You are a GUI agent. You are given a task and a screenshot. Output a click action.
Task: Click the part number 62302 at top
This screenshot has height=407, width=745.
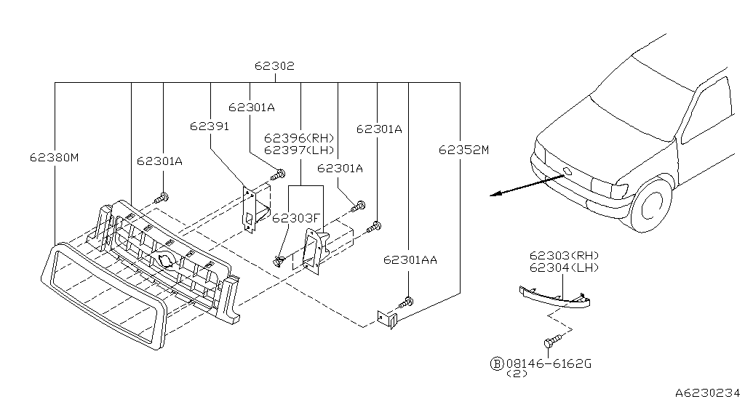(274, 65)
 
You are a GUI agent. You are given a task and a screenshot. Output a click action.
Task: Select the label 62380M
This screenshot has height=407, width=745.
(54, 156)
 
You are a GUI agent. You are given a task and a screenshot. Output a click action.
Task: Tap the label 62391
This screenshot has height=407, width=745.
(210, 126)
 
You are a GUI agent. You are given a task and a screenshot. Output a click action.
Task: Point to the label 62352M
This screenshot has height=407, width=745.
(463, 150)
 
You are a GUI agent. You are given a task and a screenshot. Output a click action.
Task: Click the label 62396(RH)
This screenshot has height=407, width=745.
(298, 138)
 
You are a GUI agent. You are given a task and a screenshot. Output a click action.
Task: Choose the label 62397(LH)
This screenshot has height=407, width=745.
(298, 150)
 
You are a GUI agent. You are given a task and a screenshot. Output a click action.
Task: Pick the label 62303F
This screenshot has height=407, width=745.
(296, 217)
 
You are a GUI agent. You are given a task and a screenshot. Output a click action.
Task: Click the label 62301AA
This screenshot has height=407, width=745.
(410, 259)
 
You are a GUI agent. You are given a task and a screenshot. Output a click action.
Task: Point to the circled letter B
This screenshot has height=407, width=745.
(497, 362)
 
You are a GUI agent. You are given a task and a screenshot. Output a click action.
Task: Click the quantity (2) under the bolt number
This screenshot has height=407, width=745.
(517, 374)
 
